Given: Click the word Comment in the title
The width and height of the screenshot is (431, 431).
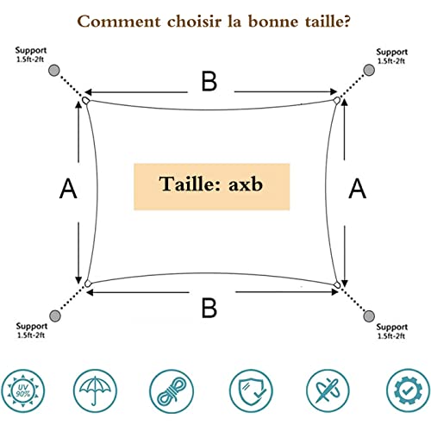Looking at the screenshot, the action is point(119,22).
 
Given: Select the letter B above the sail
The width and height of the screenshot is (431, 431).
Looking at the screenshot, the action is point(209,81).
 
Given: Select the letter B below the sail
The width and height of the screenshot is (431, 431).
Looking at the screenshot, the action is point(209,308).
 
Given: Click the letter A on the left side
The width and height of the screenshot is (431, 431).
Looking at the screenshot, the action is point(68,189).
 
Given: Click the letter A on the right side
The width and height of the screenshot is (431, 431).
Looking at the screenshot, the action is point(358,189).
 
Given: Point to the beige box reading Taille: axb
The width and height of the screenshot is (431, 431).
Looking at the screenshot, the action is point(212,186).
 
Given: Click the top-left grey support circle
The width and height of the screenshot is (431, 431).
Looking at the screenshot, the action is point(53,70).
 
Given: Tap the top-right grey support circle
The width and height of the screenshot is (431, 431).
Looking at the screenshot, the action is point(369,70).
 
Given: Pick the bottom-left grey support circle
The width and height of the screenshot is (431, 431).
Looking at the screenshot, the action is point(55,316).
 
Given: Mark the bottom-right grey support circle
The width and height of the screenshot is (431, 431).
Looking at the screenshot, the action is point(369,316).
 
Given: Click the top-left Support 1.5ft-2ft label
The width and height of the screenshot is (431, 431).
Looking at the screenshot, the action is point(30,54).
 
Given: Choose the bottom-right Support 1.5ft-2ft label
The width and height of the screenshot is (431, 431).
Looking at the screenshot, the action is point(392,331).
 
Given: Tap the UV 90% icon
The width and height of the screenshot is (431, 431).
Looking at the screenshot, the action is point(23,391).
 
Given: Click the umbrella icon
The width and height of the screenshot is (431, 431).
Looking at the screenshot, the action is point(95,391).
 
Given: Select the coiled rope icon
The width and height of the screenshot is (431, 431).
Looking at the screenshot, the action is point(172,391).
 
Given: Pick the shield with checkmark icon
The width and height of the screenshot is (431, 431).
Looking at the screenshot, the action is point(251,391).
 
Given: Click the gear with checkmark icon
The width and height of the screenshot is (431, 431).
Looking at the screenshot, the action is point(409,390).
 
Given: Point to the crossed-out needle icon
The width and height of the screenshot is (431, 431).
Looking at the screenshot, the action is point(328,391).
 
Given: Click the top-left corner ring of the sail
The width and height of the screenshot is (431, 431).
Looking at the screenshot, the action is point(85,100).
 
